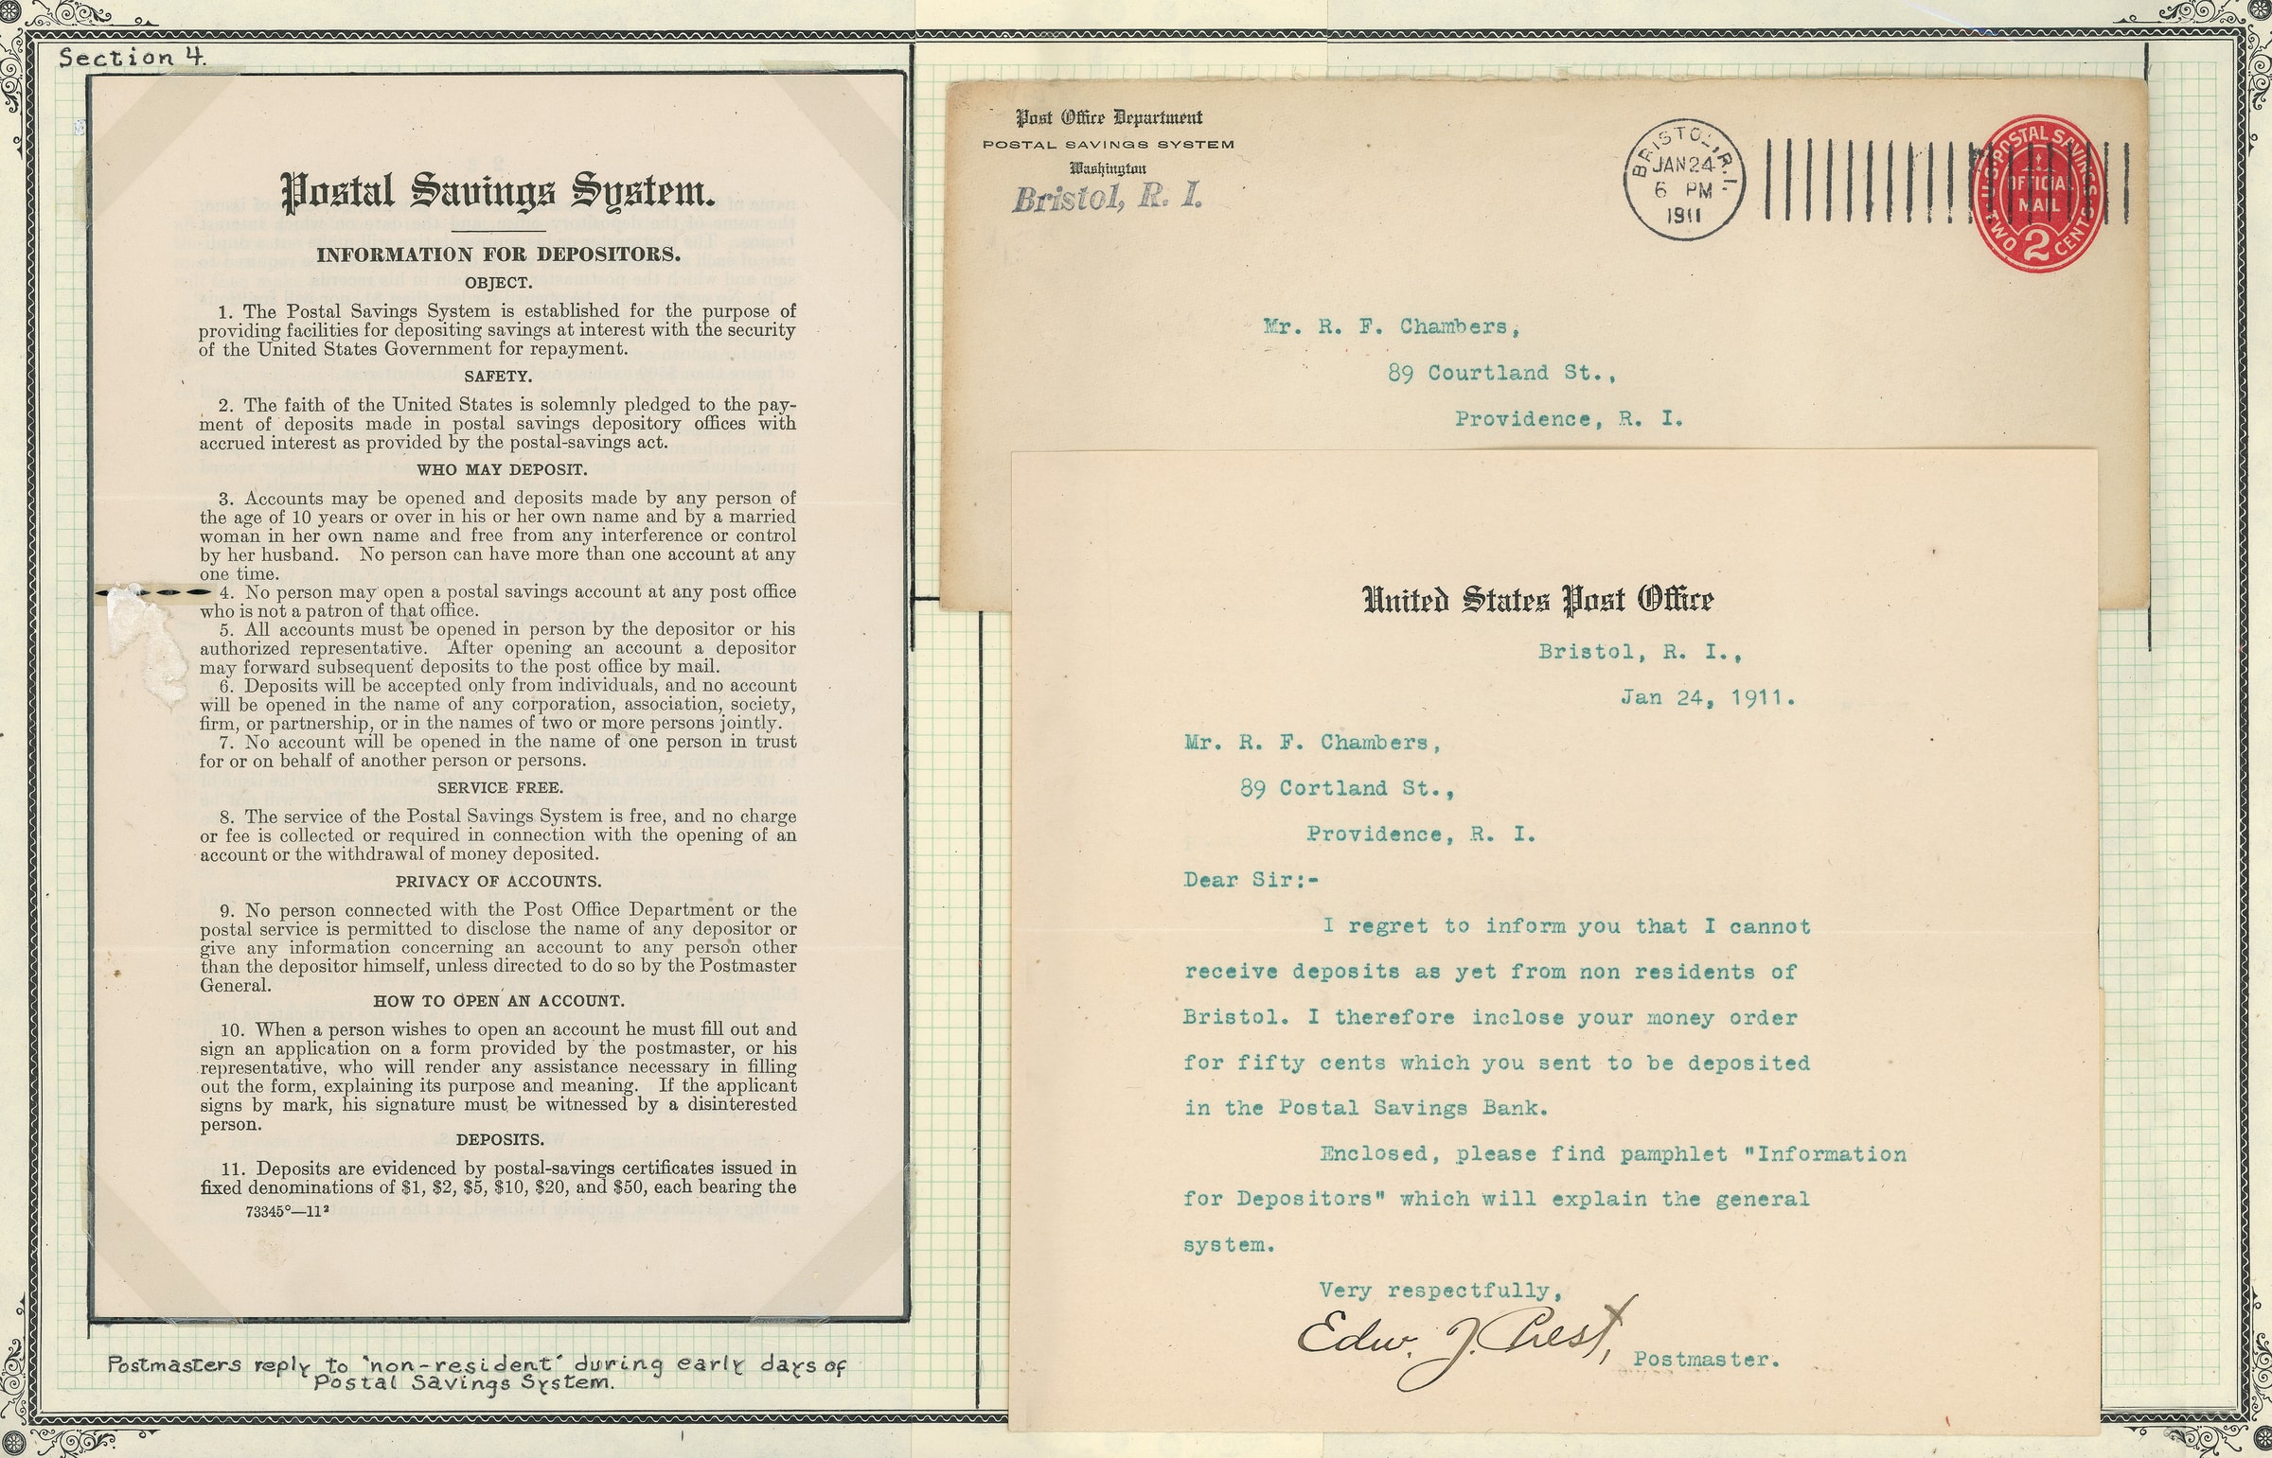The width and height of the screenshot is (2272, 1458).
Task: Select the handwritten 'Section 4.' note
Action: (132, 57)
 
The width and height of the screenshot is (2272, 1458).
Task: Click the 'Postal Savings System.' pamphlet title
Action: (498, 191)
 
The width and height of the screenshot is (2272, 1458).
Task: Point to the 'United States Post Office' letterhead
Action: (1537, 599)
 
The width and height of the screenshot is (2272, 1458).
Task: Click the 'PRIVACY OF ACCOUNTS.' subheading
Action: (498, 882)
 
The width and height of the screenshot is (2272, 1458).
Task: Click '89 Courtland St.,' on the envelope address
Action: (1501, 373)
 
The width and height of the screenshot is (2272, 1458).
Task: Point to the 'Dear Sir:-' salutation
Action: (1251, 881)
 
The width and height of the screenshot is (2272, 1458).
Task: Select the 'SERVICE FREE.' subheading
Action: (498, 788)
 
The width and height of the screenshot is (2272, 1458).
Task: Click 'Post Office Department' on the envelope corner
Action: (1108, 118)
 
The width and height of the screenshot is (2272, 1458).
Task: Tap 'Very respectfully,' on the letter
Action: (1440, 1291)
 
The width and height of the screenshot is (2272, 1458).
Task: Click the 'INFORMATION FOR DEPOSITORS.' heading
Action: (498, 255)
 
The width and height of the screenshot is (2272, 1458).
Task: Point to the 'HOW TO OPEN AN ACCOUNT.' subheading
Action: (498, 1001)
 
